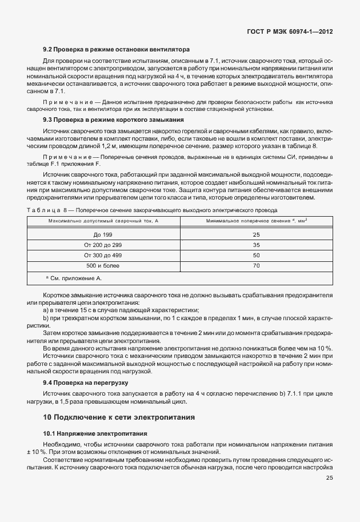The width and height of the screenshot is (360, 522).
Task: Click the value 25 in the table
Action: coord(255,235)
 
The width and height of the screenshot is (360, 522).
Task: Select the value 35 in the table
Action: coord(255,245)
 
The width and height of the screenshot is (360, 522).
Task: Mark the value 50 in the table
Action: coord(255,255)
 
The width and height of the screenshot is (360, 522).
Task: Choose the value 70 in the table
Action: coord(255,265)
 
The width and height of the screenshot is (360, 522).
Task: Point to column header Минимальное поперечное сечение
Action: coord(255,221)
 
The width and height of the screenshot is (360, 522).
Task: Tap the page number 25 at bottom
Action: coord(329,478)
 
